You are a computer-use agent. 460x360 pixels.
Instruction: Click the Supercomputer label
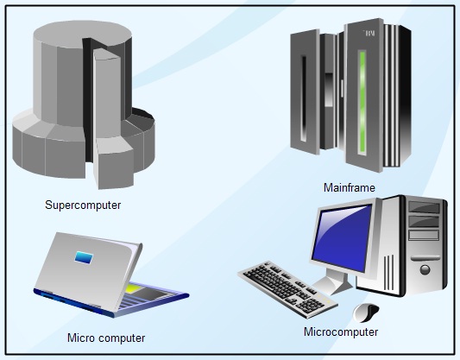pyautogui.click(x=83, y=205)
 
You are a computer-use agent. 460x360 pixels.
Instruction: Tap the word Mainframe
pyautogui.click(x=347, y=187)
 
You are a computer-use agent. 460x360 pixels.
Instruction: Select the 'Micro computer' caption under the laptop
pyautogui.click(x=106, y=338)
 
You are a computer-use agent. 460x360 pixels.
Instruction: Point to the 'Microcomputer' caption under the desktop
pyautogui.click(x=341, y=332)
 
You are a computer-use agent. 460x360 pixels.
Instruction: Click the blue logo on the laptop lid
pyautogui.click(x=84, y=257)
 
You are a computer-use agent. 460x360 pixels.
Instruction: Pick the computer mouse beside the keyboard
pyautogui.click(x=365, y=312)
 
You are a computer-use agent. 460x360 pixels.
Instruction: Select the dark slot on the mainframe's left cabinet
pyautogui.click(x=303, y=99)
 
